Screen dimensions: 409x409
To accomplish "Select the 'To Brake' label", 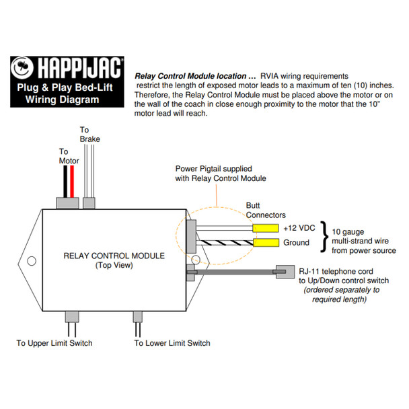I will pos(89,134).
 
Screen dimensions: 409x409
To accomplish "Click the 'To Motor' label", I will pos(69,156).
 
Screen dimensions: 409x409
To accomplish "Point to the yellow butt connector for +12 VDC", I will pos(264,229).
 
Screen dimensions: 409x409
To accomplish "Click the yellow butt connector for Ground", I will pos(264,243).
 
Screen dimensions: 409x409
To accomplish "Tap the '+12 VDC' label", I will pos(298,228).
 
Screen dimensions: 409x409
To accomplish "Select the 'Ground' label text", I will pos(297,243).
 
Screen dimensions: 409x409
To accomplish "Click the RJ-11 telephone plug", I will pos(287,272).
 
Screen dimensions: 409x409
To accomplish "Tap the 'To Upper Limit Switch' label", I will pos(54,343).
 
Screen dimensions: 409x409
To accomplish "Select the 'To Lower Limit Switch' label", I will pos(172,343).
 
